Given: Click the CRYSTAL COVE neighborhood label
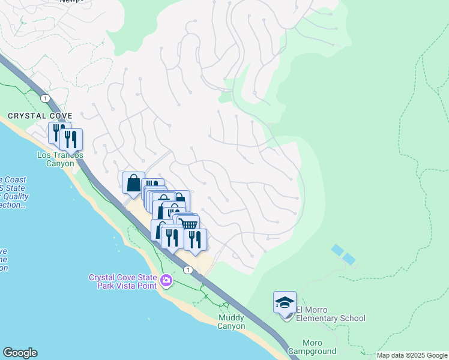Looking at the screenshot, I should coord(40,115).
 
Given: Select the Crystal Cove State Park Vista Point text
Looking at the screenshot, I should coord(122,281).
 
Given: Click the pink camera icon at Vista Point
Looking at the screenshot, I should coord(166,280).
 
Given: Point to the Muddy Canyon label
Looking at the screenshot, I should coord(231,322).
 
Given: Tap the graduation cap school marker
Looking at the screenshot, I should coord(285,302).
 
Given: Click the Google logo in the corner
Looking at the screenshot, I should coord(20,353).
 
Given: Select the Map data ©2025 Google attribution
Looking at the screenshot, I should coord(411,355).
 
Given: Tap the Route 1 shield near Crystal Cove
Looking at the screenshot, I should coord(44,98).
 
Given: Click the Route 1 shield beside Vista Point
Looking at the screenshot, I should coord(188,270).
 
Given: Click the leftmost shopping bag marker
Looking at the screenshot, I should coord(133,182).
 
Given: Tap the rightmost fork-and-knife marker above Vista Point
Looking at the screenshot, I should coord(195,239).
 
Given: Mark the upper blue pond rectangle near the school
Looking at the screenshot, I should coord(337,249).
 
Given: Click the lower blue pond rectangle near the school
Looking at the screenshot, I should coord(348,259).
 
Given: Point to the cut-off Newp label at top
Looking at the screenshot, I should coord(72,2).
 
